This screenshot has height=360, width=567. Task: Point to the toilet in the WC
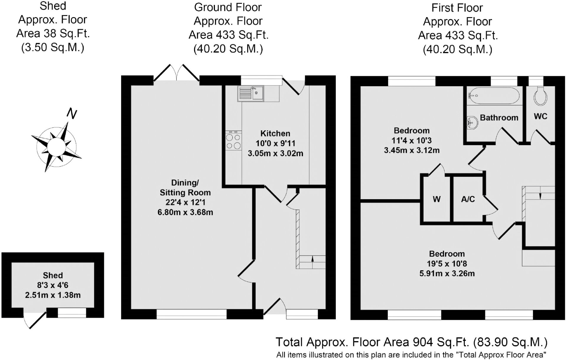click(540, 95)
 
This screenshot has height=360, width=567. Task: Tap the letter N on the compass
click(72, 114)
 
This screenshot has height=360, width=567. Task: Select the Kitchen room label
click(275, 133)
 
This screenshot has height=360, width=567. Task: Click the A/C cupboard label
click(468, 199)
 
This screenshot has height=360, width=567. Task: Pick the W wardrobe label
click(437, 199)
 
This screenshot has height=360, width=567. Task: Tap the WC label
click(541, 116)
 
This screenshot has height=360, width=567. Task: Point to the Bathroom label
click(499, 118)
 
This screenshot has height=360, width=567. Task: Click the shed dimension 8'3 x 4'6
click(53, 285)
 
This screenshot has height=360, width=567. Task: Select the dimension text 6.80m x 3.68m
click(185, 212)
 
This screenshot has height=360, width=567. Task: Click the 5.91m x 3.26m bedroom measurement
click(447, 274)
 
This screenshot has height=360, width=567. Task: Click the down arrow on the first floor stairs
click(540, 196)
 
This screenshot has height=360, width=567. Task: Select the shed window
click(72, 313)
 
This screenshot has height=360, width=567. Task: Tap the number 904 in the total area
click(423, 342)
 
